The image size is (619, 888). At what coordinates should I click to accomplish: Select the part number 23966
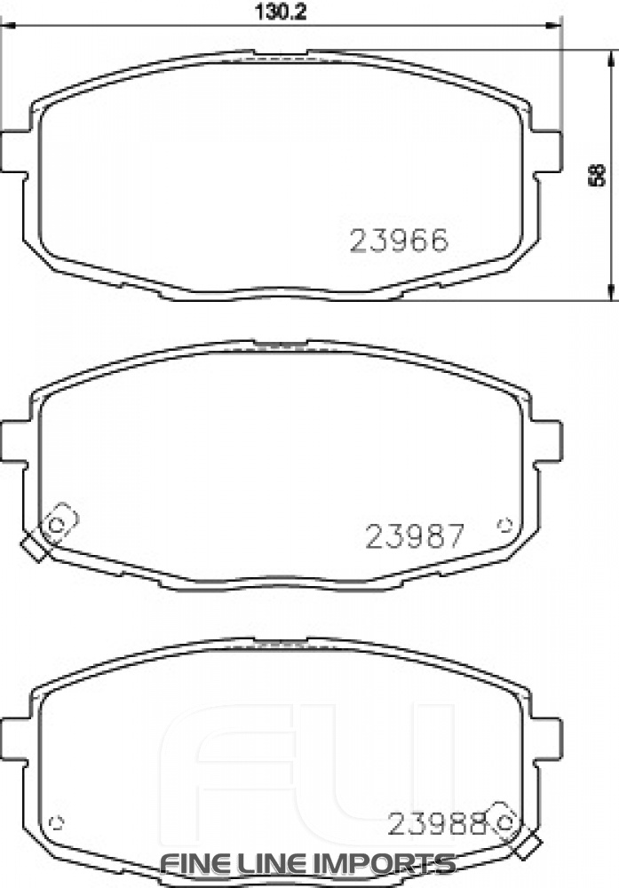(x=399, y=241)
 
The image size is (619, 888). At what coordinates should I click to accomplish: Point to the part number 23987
(x=414, y=535)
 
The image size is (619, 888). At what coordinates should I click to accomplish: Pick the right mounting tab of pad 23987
(x=550, y=439)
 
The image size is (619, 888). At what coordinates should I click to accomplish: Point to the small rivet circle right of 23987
(x=507, y=523)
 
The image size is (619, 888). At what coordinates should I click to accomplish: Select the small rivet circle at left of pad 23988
(x=59, y=819)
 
